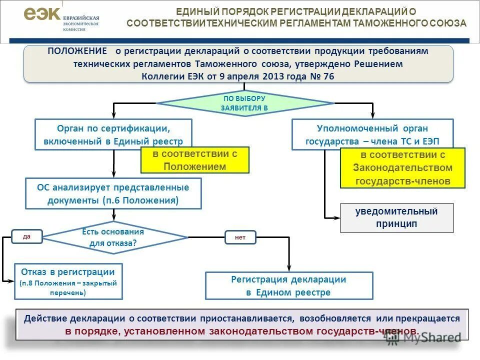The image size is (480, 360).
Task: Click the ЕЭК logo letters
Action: [42, 14]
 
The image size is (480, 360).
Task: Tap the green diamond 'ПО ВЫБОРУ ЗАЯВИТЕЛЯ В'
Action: [244, 103]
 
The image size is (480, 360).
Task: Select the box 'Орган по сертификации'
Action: [113, 134]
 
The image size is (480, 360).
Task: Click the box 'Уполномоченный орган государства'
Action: [372, 134]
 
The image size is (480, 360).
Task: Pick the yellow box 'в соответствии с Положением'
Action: [194, 160]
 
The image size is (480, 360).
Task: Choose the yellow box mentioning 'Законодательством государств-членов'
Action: [402, 167]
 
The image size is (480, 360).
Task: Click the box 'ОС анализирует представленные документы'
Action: [113, 193]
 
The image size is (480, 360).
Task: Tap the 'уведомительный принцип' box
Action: [396, 217]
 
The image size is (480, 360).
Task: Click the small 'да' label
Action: [27, 236]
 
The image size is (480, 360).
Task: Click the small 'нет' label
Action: [240, 237]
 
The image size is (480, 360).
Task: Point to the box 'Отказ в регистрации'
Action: [68, 281]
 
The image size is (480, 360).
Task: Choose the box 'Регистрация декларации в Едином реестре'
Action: [289, 285]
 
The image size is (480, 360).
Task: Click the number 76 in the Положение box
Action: [328, 76]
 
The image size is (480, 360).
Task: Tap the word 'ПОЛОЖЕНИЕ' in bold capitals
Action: [77, 51]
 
